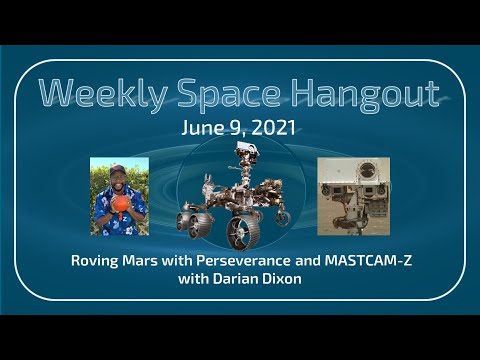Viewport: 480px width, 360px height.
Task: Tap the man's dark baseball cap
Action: (x=118, y=168)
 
